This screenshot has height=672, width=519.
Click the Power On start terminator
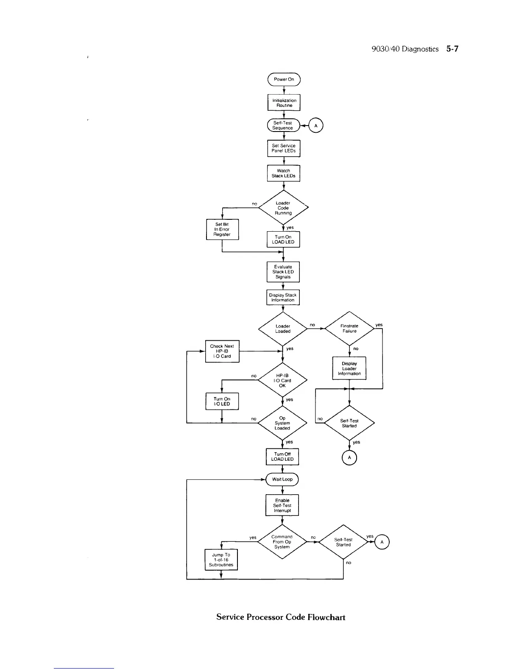point(284,79)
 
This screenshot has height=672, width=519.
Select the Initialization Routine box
point(284,103)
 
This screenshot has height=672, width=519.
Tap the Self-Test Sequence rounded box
point(283,125)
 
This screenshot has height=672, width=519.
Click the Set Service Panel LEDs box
point(284,148)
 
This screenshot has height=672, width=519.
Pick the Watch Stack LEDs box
point(283,173)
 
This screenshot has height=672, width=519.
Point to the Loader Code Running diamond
point(283,208)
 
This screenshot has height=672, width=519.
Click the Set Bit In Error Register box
point(222,230)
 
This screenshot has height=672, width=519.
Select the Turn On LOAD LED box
point(283,240)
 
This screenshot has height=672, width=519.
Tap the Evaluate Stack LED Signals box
point(283,272)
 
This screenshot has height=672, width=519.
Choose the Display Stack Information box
point(283,297)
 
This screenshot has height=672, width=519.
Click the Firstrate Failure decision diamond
point(349,329)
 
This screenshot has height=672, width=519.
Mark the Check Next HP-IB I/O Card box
point(222,351)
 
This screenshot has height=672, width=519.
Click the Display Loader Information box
point(349,369)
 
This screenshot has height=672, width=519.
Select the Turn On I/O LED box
point(222,401)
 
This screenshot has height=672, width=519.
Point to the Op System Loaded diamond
point(282,423)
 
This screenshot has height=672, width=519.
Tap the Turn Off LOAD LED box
point(282,456)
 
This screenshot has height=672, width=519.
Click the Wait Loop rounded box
point(282,479)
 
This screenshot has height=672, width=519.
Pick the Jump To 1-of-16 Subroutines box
point(221,560)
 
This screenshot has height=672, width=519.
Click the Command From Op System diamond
point(282,542)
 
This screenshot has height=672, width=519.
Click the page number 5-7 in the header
point(452,49)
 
